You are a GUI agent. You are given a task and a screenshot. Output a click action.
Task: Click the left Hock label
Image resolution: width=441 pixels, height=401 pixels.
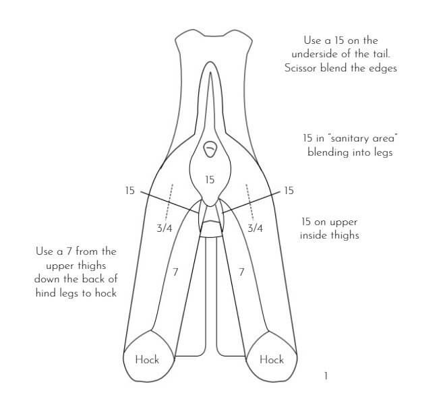click(x=147, y=360)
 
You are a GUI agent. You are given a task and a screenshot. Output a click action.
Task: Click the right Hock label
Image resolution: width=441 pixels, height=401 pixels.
click(x=271, y=360)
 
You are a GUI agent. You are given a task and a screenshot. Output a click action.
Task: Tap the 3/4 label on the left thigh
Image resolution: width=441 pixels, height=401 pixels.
click(x=165, y=228)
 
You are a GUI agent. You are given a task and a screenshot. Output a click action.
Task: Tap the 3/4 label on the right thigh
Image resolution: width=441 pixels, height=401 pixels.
click(x=255, y=228)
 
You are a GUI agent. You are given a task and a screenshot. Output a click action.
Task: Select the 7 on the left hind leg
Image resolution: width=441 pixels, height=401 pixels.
click(x=175, y=272)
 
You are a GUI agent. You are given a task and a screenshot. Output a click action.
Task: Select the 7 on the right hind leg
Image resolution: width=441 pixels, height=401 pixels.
click(x=241, y=272)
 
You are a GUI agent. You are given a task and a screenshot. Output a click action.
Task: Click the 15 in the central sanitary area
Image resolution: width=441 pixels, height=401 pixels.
click(x=210, y=180)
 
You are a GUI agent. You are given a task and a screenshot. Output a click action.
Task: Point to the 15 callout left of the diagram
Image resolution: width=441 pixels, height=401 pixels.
click(x=130, y=191)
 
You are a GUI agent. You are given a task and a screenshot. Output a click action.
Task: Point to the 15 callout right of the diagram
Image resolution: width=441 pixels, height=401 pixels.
click(x=289, y=191)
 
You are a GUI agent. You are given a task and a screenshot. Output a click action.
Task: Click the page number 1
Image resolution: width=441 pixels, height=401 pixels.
click(x=326, y=376)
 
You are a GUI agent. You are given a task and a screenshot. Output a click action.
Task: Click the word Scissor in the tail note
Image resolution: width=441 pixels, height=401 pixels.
click(x=300, y=68)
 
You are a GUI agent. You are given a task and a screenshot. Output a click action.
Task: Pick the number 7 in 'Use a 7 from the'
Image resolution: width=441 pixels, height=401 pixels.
click(x=69, y=251)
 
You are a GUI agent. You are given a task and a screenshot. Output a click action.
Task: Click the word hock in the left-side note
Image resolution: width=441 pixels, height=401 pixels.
click(x=106, y=293)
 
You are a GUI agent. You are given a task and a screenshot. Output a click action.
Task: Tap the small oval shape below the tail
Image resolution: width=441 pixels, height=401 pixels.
click(x=210, y=149)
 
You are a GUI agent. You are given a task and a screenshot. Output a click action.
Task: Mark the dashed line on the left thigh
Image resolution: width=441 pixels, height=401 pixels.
click(x=169, y=202)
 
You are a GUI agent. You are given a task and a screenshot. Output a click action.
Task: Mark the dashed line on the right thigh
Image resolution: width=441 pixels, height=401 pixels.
click(x=249, y=202)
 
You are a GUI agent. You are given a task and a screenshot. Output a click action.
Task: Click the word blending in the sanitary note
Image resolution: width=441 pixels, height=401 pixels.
click(x=326, y=152)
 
